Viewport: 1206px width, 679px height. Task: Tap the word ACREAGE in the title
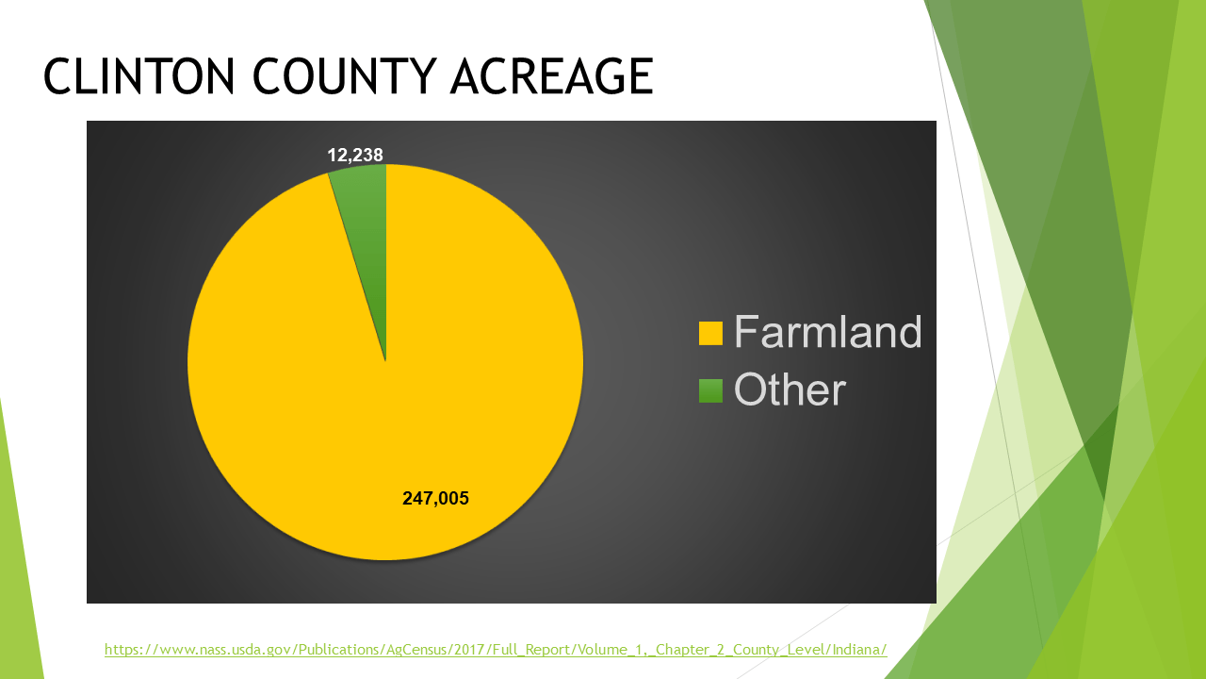(551, 76)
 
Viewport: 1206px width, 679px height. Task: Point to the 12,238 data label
(355, 155)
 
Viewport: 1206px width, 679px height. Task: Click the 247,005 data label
(435, 498)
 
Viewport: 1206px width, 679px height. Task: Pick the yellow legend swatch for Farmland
(710, 333)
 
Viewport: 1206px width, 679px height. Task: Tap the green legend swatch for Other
(710, 390)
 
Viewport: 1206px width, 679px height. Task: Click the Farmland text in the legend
(827, 332)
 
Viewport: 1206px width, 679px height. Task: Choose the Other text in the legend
(790, 389)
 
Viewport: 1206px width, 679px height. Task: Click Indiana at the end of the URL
(854, 649)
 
